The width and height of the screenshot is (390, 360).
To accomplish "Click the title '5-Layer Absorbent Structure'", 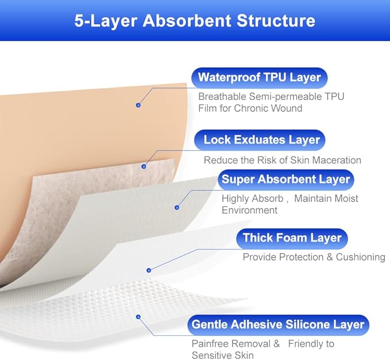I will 195,21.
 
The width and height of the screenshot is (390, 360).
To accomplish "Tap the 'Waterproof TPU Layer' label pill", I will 259,78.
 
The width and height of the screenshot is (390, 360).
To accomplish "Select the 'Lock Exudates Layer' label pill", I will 261,140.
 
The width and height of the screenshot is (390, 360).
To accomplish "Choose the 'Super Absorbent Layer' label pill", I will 285,179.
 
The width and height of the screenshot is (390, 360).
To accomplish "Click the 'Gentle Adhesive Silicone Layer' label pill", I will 278,324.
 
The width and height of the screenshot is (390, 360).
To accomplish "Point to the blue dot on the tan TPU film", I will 138,105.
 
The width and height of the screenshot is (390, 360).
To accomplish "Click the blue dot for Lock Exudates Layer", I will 144,166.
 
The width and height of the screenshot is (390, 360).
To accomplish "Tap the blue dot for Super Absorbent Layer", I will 177,207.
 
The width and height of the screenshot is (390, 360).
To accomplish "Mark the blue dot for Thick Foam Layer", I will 149,269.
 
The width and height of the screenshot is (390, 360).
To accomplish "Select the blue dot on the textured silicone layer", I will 138,316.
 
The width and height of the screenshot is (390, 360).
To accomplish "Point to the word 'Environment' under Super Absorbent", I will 249,210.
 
